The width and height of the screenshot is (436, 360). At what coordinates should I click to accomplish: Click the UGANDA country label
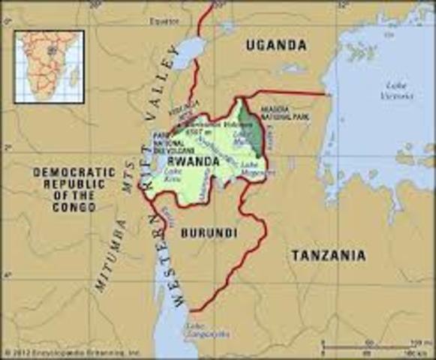(276, 46)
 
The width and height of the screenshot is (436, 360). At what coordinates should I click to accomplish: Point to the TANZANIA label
(329, 256)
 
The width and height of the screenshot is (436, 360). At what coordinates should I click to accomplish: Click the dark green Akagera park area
(257, 135)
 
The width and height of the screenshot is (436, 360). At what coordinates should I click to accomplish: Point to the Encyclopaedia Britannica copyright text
(71, 351)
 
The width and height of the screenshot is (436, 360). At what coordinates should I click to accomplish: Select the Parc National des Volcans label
(166, 142)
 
